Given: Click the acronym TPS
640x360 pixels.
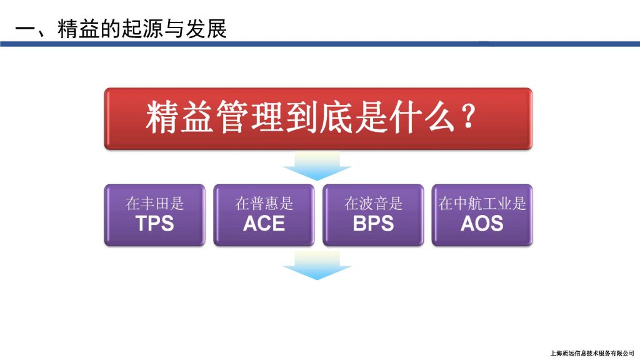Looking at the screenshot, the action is click(x=155, y=223).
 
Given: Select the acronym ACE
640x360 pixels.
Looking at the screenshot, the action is click(x=264, y=223).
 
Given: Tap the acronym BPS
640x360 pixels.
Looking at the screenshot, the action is click(x=373, y=223).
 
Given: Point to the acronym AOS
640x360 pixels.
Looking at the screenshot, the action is click(x=482, y=223).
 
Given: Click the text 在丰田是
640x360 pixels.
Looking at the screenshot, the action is click(x=155, y=203).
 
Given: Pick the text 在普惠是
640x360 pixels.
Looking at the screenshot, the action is click(x=264, y=203).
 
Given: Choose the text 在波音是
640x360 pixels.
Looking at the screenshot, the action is click(x=373, y=203).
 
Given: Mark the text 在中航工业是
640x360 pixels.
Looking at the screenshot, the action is click(x=482, y=203).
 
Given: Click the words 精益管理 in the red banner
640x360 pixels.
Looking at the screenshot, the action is click(x=214, y=117).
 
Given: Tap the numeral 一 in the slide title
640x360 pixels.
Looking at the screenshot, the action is click(x=25, y=29).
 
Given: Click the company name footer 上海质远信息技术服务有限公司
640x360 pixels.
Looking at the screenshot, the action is click(x=592, y=353).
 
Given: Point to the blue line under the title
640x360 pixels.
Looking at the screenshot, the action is click(x=320, y=44).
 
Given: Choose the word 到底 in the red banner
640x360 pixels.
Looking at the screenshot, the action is click(x=319, y=117).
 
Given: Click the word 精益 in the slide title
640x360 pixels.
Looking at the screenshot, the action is click(x=78, y=29).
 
